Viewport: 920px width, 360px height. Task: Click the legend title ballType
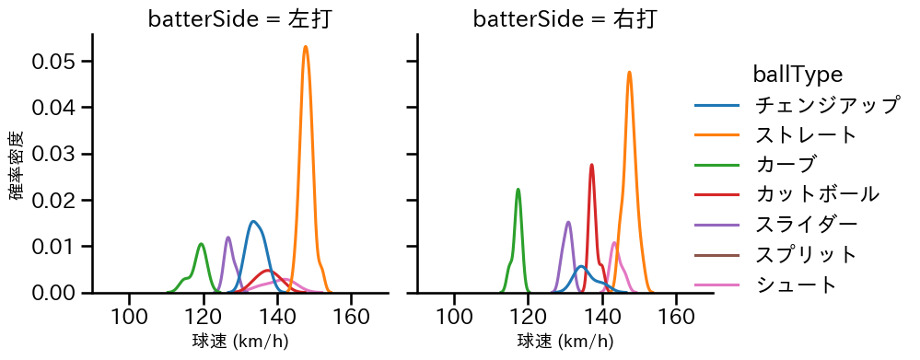(798, 74)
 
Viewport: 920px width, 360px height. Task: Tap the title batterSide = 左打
(239, 19)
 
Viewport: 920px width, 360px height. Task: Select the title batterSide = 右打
(565, 19)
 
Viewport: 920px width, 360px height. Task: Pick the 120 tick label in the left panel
(203, 317)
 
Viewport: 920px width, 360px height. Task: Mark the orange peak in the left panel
(305, 47)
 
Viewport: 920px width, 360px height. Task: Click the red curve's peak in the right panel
(591, 165)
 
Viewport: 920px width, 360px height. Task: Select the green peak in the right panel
(518, 190)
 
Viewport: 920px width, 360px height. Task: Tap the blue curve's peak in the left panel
(253, 221)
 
